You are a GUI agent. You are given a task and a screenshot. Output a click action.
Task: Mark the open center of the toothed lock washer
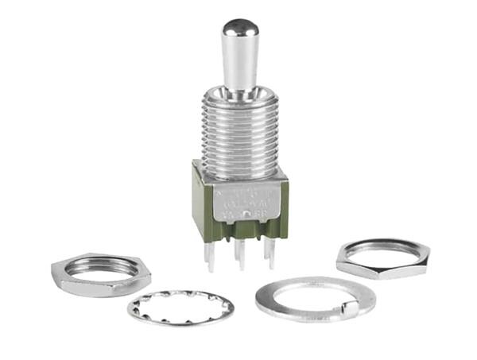pos(180,307)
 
